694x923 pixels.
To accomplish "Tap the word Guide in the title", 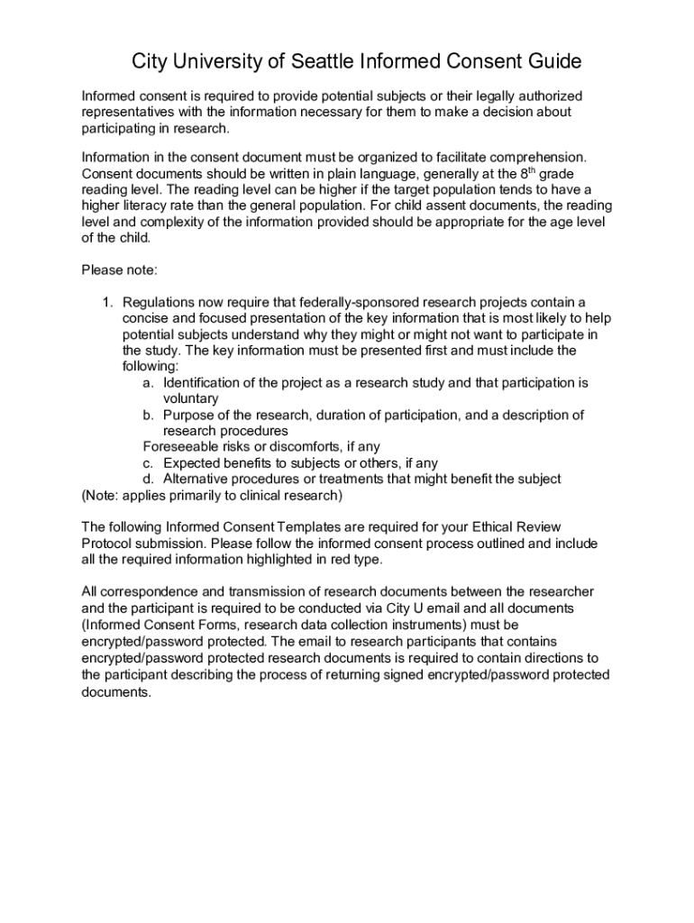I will coord(552,62).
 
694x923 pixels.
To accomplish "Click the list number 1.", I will coord(105,302).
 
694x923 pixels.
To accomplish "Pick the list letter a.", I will coord(148,383).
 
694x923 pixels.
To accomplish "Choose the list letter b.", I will coord(148,416).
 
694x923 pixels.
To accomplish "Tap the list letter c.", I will coord(148,463).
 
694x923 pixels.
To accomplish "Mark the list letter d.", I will coord(148,480).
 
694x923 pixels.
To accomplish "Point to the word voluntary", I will coord(191,398).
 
